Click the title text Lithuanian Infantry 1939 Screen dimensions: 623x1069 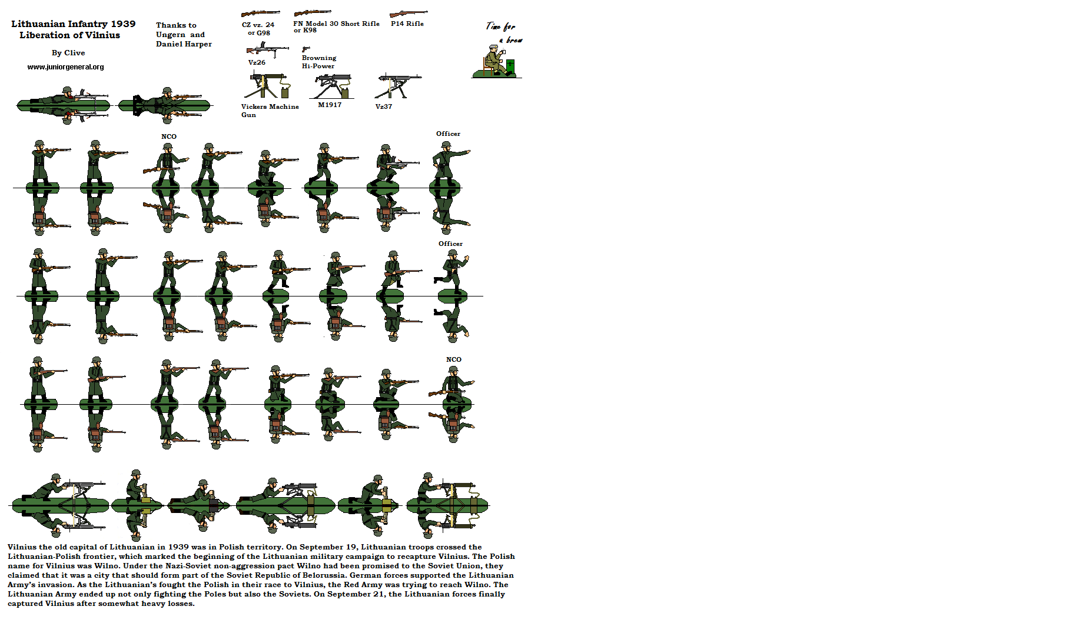(x=73, y=24)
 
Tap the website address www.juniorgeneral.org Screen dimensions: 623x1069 (x=65, y=67)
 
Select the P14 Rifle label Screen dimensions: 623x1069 (x=407, y=24)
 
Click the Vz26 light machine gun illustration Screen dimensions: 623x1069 (x=267, y=50)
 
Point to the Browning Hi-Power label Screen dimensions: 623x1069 (x=318, y=62)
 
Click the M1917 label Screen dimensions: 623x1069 (x=330, y=105)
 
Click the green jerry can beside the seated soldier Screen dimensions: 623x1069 (x=510, y=66)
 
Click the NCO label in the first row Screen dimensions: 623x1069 (x=169, y=136)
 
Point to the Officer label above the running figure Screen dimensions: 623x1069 (x=450, y=244)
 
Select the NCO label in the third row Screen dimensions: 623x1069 (x=453, y=359)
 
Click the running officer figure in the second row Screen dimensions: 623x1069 (x=452, y=271)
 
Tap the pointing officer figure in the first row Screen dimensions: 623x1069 (x=447, y=162)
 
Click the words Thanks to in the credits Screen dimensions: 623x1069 (x=176, y=25)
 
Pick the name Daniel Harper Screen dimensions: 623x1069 (x=184, y=44)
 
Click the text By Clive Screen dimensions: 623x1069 (x=68, y=53)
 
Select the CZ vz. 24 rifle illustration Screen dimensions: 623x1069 (x=260, y=13)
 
